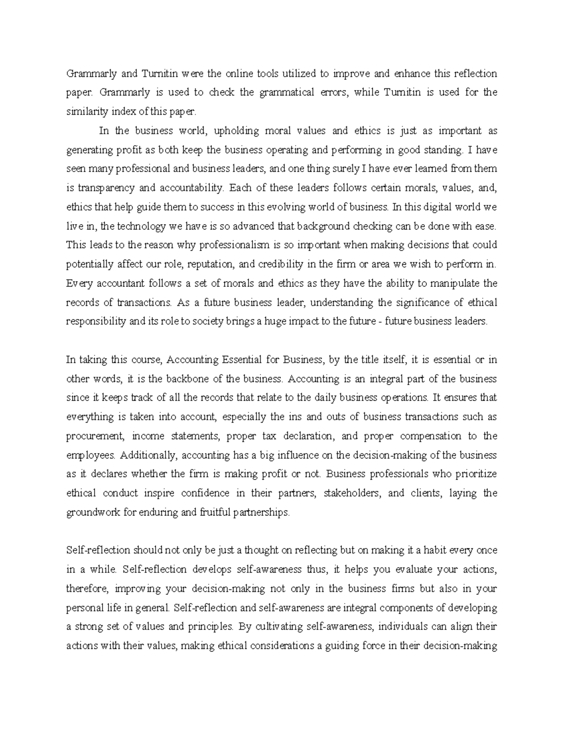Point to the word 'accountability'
tap(191, 188)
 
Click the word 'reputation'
tap(211, 264)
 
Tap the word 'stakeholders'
tap(354, 494)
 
